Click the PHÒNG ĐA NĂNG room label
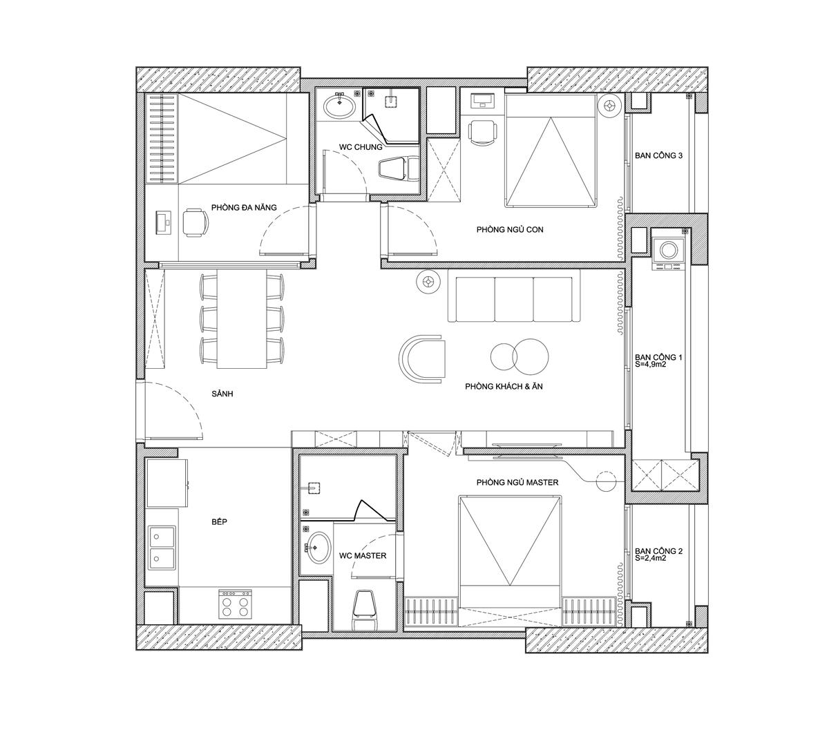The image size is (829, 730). click(x=244, y=207)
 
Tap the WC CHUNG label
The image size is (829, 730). click(x=361, y=147)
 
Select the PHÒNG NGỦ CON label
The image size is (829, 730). click(x=510, y=229)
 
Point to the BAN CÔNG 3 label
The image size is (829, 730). click(x=659, y=155)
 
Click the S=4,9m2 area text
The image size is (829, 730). click(x=650, y=364)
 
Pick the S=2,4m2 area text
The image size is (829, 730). click(x=650, y=558)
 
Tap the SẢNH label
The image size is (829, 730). click(x=222, y=394)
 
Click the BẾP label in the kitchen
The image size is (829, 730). click(x=219, y=521)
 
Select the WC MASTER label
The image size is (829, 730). click(x=363, y=556)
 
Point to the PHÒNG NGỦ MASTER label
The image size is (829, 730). click(x=517, y=483)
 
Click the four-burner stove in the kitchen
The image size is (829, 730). click(x=236, y=604)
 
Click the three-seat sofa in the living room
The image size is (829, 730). click(x=513, y=296)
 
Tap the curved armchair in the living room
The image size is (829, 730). click(x=422, y=359)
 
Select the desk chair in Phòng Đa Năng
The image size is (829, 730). click(x=196, y=222)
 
